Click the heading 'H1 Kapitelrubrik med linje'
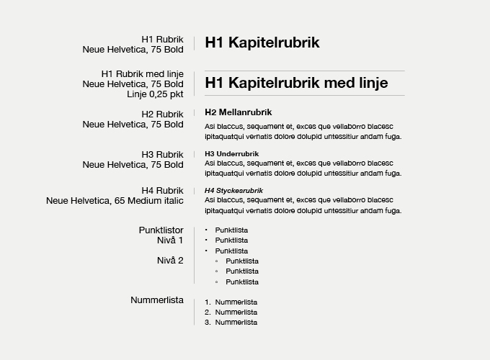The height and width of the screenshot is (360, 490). pyautogui.click(x=296, y=83)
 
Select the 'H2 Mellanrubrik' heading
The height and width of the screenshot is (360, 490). pyautogui.click(x=238, y=112)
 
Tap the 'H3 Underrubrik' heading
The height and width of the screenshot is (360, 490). pyautogui.click(x=231, y=153)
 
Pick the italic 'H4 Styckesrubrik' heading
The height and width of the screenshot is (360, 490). pyautogui.click(x=233, y=190)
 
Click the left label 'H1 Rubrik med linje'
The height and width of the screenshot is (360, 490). pyautogui.click(x=142, y=73)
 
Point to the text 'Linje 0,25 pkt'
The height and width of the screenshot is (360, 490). pyautogui.click(x=155, y=94)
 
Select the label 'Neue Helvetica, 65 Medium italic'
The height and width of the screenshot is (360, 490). pyautogui.click(x=115, y=200)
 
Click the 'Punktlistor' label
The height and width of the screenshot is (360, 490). pyautogui.click(x=161, y=230)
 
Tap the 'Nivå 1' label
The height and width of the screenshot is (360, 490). pyautogui.click(x=170, y=240)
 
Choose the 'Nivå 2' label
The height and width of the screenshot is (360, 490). pyautogui.click(x=170, y=260)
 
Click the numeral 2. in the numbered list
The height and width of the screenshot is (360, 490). pyautogui.click(x=208, y=312)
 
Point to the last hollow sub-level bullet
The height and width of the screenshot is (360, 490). pyautogui.click(x=217, y=282)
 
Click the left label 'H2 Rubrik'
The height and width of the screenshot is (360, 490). pyautogui.click(x=162, y=114)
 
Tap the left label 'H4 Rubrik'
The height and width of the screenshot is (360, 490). pyautogui.click(x=162, y=190)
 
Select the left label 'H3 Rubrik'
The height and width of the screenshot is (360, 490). pyautogui.click(x=162, y=154)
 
